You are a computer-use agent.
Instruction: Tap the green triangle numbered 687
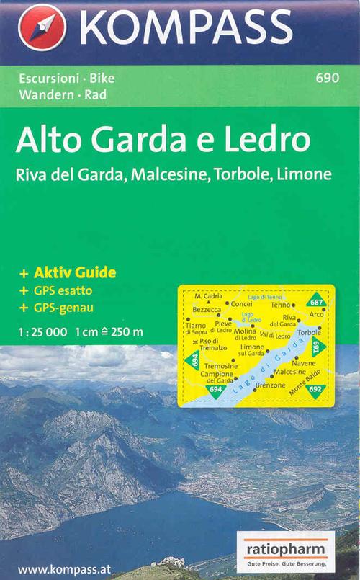coord(315,301)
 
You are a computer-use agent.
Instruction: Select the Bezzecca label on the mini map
coord(207,308)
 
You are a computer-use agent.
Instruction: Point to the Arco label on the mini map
coord(317,315)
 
